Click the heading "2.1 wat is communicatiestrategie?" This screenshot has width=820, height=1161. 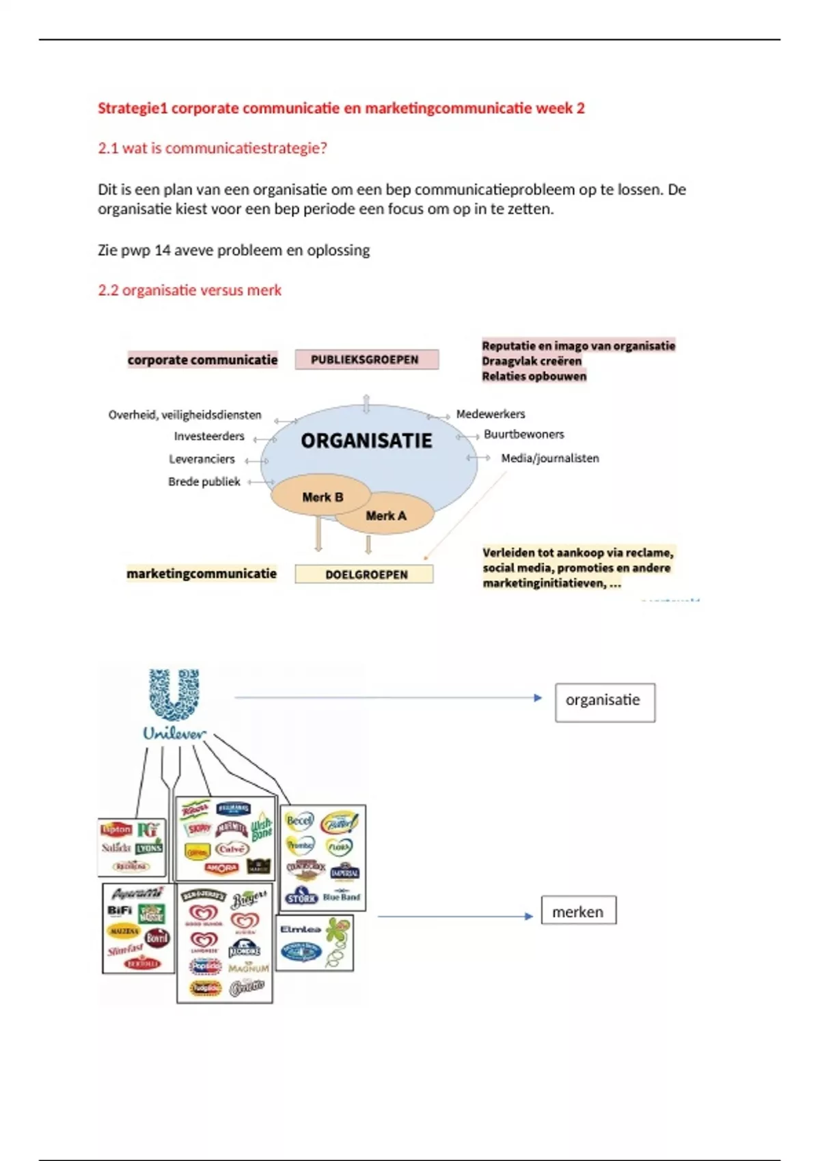point(212,148)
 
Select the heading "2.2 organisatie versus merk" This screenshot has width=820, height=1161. point(189,290)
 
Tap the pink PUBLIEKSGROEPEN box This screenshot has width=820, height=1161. point(366,360)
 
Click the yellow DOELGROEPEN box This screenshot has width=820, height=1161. point(364,574)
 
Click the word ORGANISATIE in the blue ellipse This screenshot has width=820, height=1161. point(366,441)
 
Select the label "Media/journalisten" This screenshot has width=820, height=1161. point(549,458)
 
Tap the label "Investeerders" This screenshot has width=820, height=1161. point(208,436)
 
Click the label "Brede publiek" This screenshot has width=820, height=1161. point(204,482)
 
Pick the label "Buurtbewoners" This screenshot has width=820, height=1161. point(523,434)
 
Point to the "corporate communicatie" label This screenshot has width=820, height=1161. point(202,360)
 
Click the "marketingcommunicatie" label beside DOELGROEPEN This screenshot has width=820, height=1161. point(202,574)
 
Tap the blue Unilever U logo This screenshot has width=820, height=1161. point(174,695)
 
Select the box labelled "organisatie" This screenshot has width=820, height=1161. point(605,702)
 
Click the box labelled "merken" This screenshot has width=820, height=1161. point(578,911)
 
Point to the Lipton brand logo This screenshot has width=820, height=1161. point(116,830)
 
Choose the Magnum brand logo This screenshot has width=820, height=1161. point(248,968)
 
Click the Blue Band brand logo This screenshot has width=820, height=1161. point(341,897)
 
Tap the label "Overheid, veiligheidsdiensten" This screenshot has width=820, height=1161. point(184,415)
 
